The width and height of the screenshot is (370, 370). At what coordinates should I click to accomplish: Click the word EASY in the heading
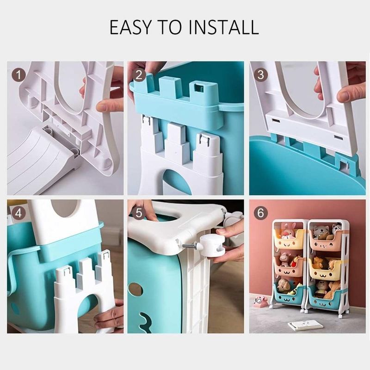[130, 27]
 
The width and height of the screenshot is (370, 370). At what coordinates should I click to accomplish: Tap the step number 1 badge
[18, 75]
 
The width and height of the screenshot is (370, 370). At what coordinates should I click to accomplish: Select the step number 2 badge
[139, 75]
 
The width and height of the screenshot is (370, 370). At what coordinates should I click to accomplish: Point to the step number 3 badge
[260, 75]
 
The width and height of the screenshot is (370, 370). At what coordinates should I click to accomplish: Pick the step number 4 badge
[18, 213]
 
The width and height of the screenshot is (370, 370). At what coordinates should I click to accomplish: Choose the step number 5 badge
[139, 213]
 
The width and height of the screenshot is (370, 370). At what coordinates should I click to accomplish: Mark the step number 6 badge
[260, 213]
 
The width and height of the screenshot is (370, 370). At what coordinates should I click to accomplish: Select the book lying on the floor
[305, 325]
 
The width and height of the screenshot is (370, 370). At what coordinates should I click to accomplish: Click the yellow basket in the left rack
[289, 240]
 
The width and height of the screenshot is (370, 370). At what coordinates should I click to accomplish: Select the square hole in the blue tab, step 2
[198, 87]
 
